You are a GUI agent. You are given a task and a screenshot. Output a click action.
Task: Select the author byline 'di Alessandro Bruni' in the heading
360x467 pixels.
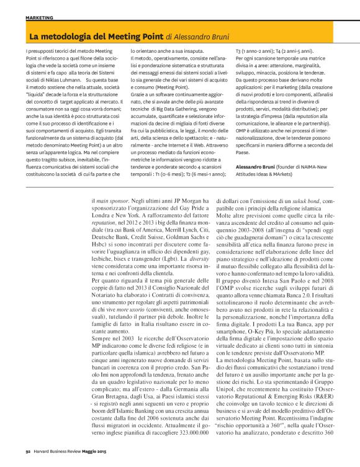(x=199, y=37)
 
